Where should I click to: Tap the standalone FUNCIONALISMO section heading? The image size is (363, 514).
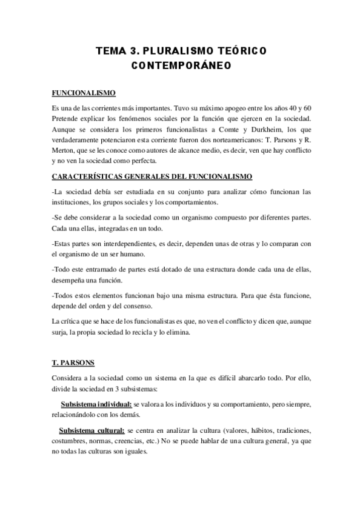tap(81, 94)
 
